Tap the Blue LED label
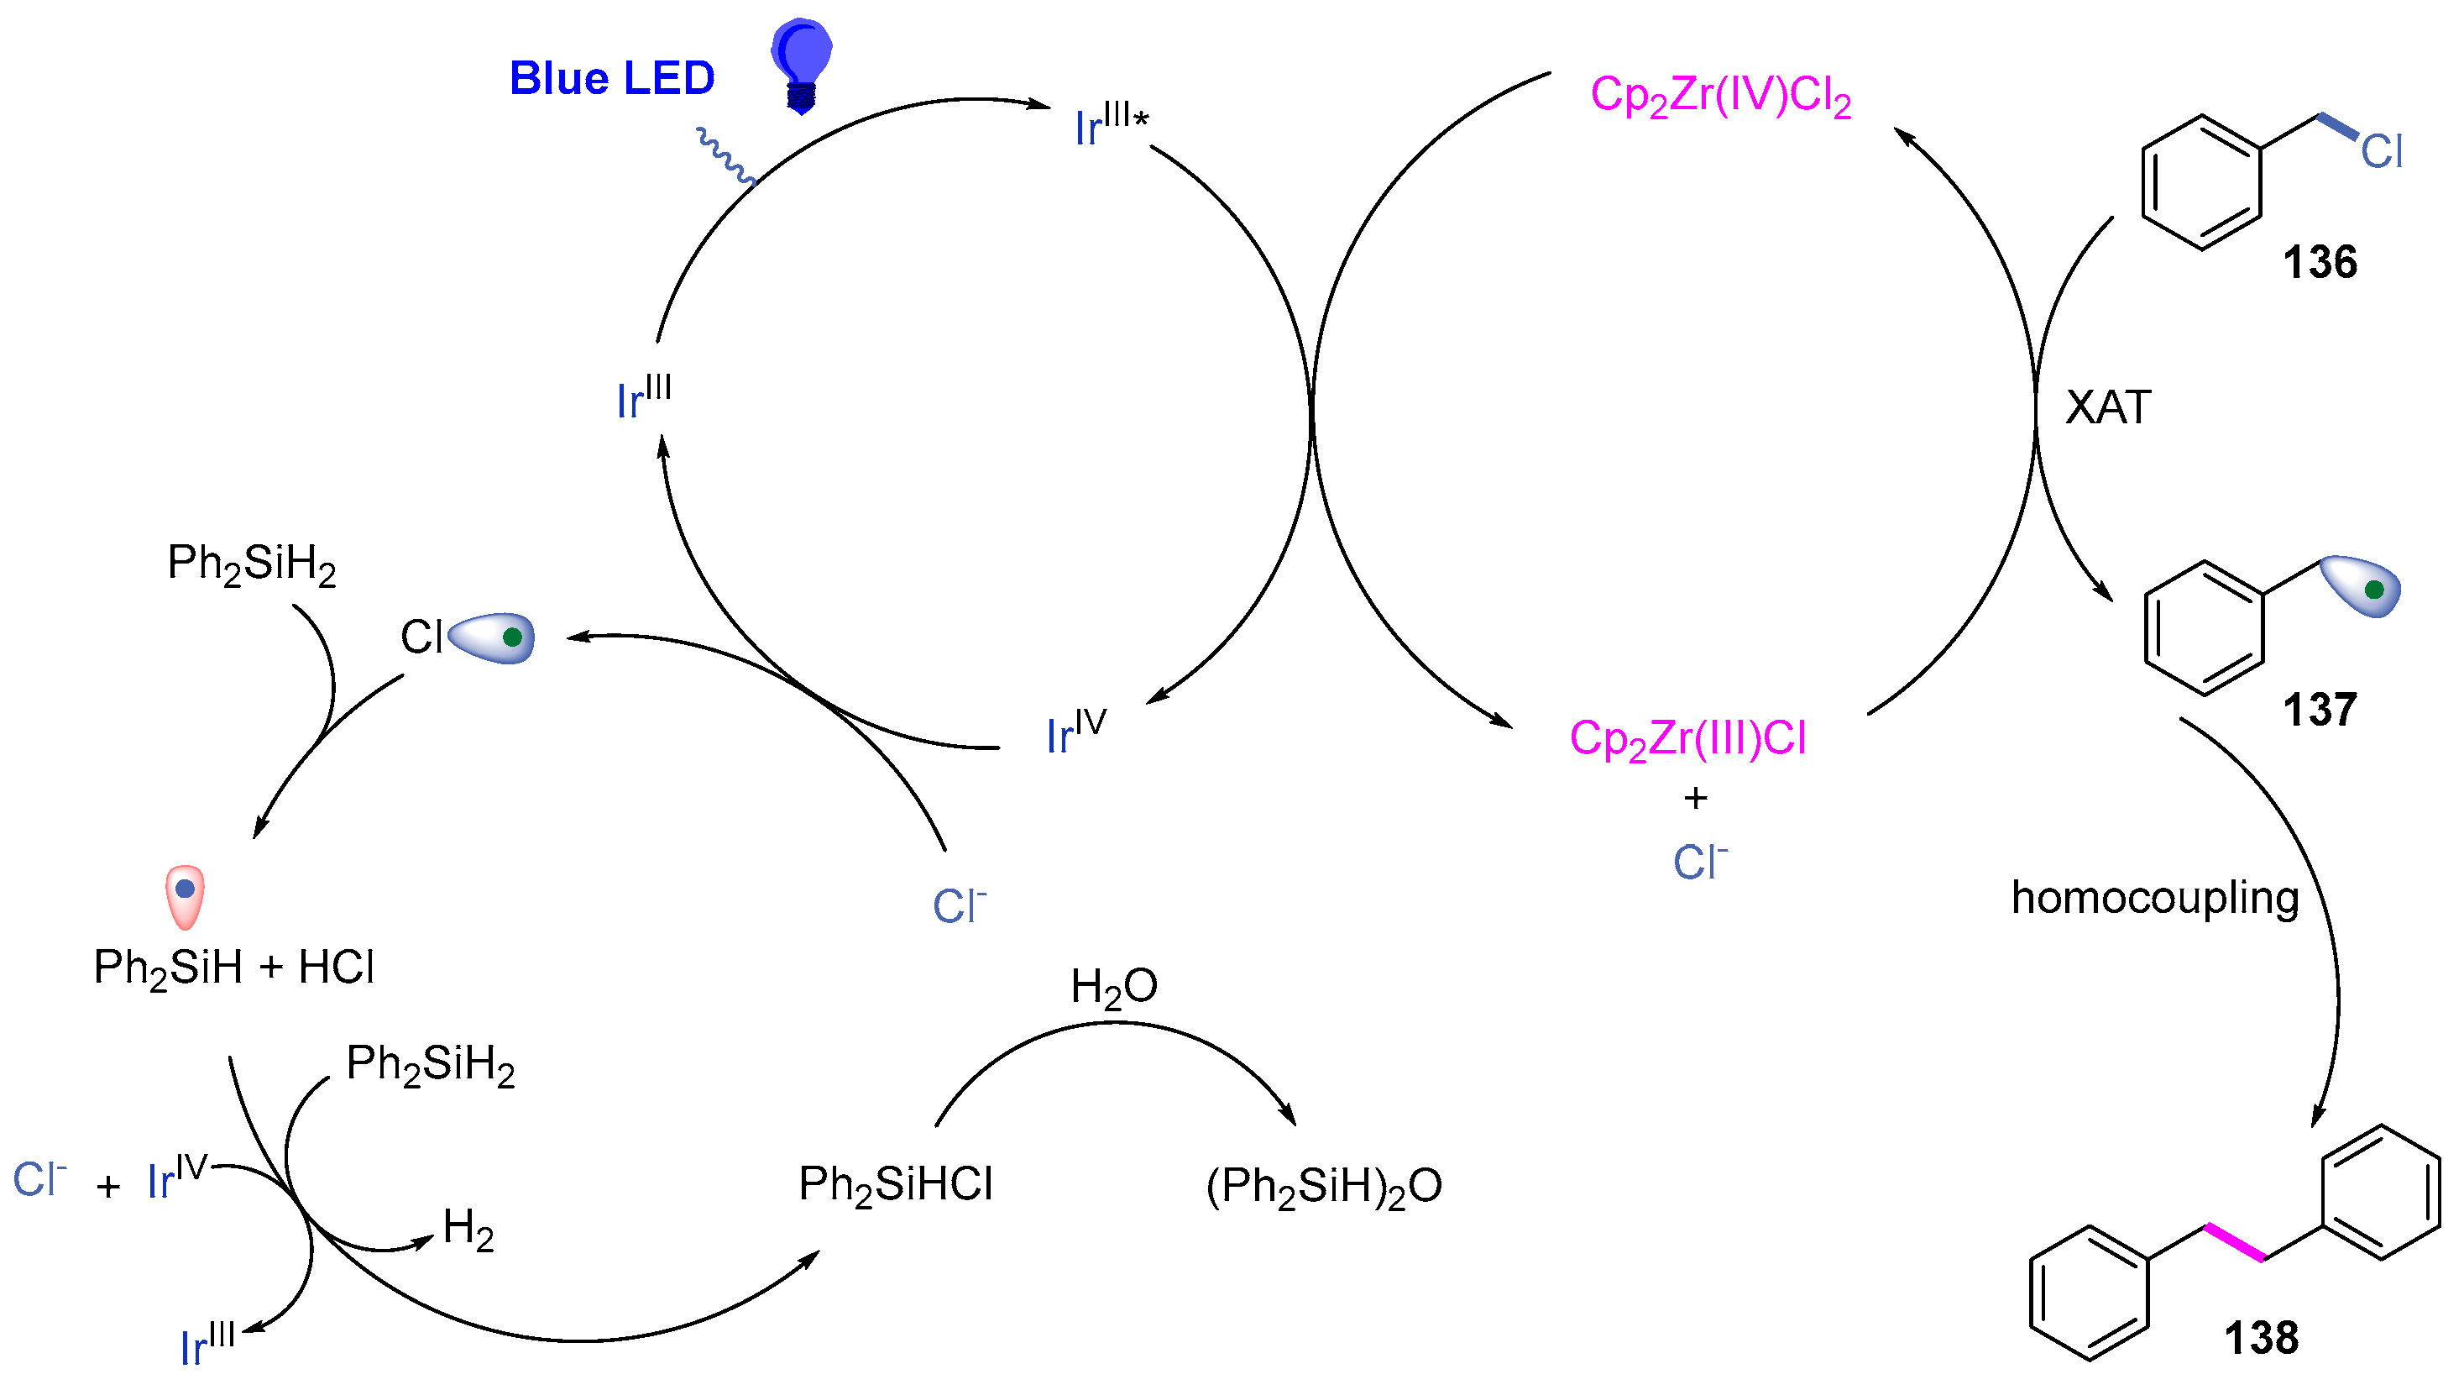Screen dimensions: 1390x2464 click(x=612, y=78)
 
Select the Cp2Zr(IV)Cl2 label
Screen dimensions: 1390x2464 click(x=1721, y=97)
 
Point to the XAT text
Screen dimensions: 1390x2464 click(x=2108, y=407)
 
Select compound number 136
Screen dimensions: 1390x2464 click(x=2320, y=262)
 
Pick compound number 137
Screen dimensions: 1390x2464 click(x=2320, y=710)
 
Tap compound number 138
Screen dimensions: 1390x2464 click(x=2261, y=1337)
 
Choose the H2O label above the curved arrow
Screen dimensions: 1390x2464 click(x=1113, y=986)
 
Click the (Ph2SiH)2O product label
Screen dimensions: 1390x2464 click(x=1324, y=1186)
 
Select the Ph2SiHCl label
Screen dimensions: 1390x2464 click(x=895, y=1184)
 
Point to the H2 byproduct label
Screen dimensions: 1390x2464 click(x=468, y=1229)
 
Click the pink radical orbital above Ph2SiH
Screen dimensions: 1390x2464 click(x=185, y=895)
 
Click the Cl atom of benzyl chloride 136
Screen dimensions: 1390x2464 click(x=2381, y=151)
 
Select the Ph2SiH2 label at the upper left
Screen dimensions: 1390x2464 click(x=252, y=564)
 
